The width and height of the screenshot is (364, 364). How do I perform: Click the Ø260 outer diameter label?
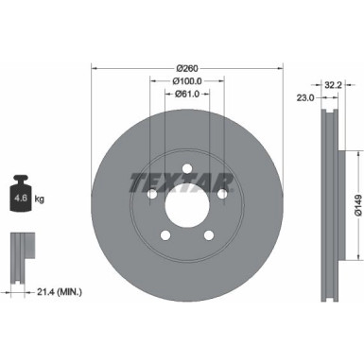point(187,68)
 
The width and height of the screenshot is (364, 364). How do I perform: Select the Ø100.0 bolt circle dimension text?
point(187,81)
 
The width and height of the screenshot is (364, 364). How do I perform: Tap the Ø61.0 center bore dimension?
point(187,94)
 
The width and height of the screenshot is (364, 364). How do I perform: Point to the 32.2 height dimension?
point(333,85)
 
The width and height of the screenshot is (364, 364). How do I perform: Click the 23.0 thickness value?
point(305,97)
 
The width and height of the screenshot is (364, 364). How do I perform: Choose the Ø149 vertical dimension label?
point(358,205)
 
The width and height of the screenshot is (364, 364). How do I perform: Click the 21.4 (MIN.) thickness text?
point(60,292)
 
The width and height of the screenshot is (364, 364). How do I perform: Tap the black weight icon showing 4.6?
point(21,193)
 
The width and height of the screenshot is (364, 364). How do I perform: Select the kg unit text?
point(40,199)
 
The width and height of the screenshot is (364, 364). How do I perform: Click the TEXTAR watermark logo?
point(182,182)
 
